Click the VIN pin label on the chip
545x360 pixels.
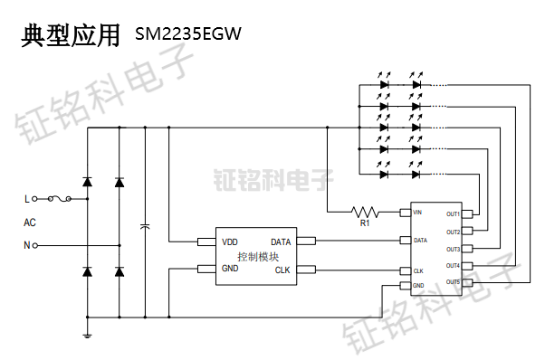click(x=417, y=213)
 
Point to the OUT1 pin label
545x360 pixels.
click(x=453, y=214)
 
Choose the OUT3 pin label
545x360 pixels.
click(x=453, y=249)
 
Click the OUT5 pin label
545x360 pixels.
click(x=453, y=282)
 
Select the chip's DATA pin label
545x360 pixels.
click(x=420, y=241)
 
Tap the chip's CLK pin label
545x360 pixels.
click(x=418, y=270)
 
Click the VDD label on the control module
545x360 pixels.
click(x=231, y=242)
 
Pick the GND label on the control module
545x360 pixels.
click(x=231, y=270)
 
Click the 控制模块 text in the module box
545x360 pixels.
click(x=257, y=256)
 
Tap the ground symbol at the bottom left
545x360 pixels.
click(x=87, y=336)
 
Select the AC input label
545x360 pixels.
click(x=30, y=222)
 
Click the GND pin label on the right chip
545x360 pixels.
click(x=418, y=286)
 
